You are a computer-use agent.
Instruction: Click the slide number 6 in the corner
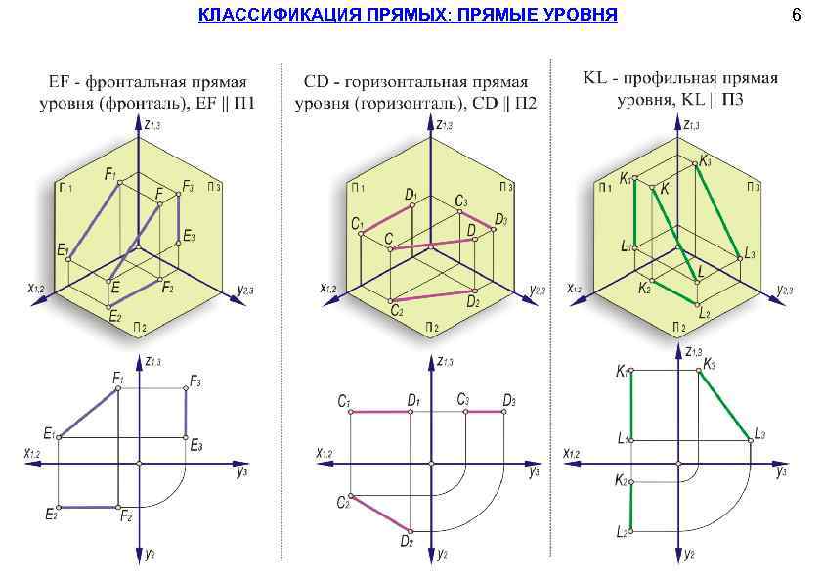coord(797,16)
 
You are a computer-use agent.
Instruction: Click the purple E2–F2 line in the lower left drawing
coord(89,507)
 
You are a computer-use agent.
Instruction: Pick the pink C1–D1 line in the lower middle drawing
coord(380,413)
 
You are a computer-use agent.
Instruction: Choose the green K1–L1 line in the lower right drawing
coord(631,405)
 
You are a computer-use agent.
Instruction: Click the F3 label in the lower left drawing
coord(196,381)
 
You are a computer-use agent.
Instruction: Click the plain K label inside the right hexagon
coord(666,189)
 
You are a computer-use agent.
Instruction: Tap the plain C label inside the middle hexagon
coord(388,238)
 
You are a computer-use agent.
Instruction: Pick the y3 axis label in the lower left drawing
coord(239,472)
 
